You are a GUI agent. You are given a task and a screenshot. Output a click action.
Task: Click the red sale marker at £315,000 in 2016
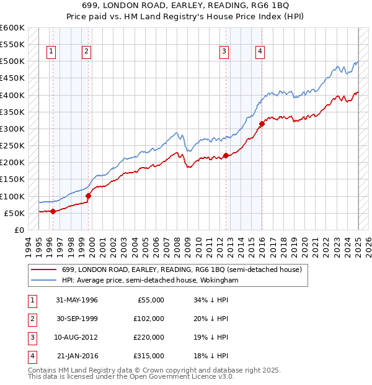pos(262,124)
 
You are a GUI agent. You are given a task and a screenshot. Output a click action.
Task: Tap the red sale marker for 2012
pos(226,156)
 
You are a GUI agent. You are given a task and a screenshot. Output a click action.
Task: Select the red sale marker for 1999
pos(88,196)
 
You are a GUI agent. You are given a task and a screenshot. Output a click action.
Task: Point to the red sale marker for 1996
pos(53,211)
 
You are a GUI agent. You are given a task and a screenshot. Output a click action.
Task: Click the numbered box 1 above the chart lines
pos(50,52)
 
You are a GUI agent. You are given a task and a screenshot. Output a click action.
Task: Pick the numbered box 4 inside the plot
pos(260,52)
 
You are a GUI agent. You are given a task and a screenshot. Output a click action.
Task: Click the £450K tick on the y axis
pos(12,78)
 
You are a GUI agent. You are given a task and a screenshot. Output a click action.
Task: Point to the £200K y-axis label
pos(12,163)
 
